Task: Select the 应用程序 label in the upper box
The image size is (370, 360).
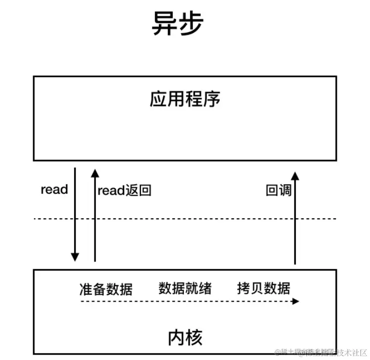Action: [x=185, y=100]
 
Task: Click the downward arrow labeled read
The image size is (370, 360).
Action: [x=75, y=213]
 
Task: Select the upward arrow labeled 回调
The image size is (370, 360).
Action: [x=295, y=218]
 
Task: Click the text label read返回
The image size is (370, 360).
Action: [x=124, y=191]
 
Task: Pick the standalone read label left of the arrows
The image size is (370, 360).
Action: [x=54, y=190]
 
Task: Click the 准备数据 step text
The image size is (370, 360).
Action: [x=106, y=289]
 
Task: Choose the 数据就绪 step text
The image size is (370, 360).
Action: [x=185, y=288]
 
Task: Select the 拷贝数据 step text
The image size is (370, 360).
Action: [x=264, y=288]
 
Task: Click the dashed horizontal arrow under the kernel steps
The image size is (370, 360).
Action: [x=188, y=301]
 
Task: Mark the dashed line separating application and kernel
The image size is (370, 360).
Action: [x=185, y=218]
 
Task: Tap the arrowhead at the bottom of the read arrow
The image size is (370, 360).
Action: [x=75, y=257]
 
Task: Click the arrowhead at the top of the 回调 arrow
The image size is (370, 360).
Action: [x=295, y=175]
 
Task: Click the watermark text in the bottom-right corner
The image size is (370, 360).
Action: [x=321, y=352]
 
